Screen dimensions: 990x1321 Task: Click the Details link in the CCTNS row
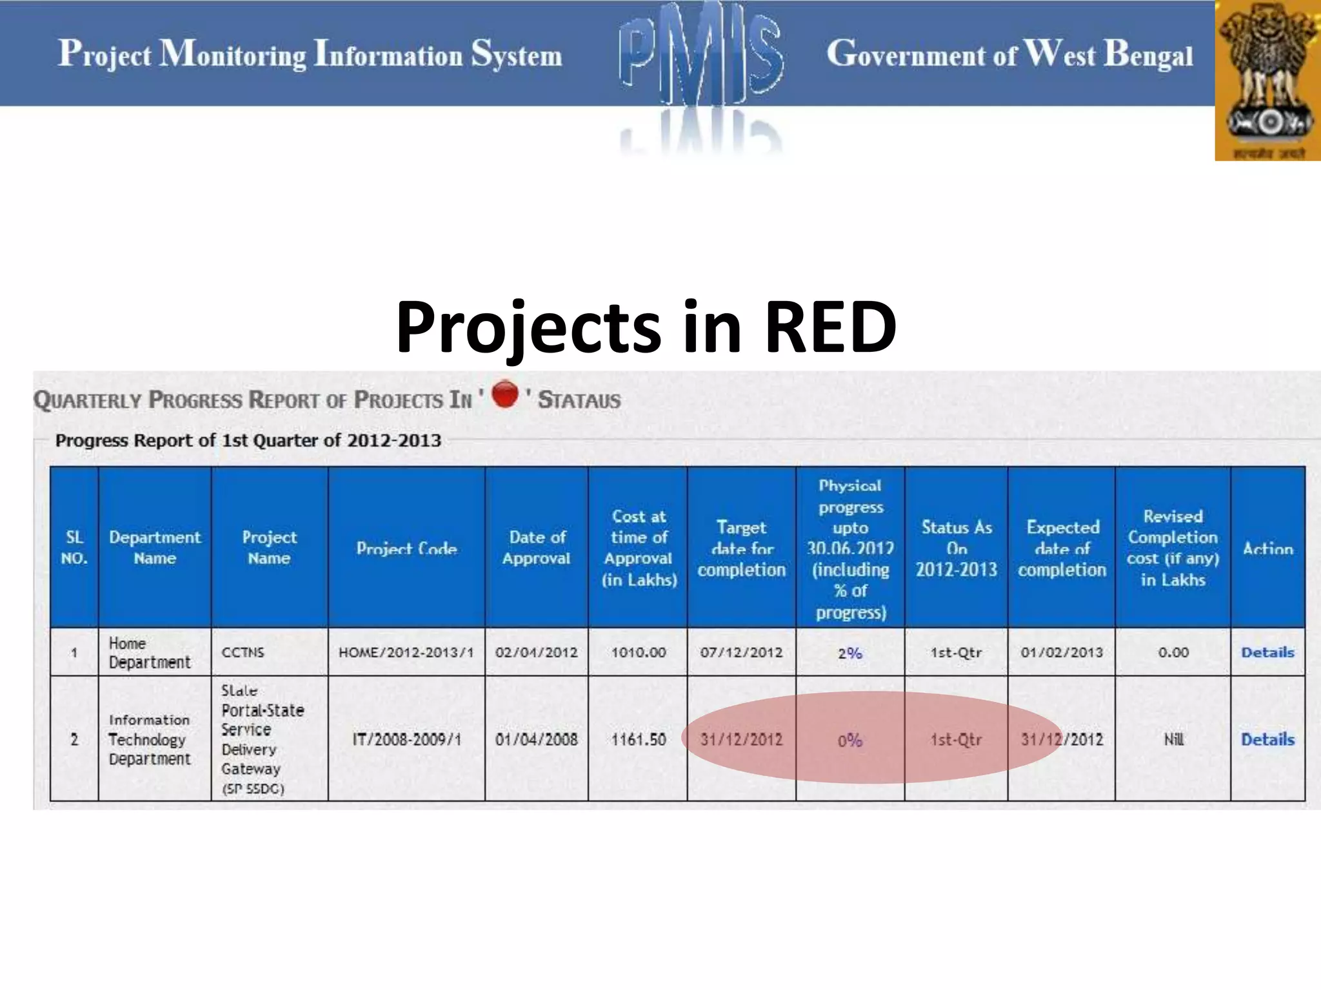pyautogui.click(x=1267, y=652)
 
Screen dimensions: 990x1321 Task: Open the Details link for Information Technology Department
pyautogui.click(x=1267, y=739)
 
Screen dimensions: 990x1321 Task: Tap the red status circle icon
pyautogui.click(x=505, y=394)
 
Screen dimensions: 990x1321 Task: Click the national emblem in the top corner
pyautogui.click(x=1268, y=81)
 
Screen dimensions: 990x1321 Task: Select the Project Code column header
pyautogui.click(x=406, y=548)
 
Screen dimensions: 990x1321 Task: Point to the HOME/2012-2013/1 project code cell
pyautogui.click(x=406, y=652)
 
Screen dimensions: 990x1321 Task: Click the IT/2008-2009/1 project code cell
pyautogui.click(x=406, y=739)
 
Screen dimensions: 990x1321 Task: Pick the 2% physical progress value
pyautogui.click(x=850, y=653)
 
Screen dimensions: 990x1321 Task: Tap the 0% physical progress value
pyautogui.click(x=850, y=740)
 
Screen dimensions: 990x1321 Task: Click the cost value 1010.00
pyautogui.click(x=638, y=652)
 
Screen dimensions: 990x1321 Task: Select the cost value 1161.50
pyautogui.click(x=638, y=739)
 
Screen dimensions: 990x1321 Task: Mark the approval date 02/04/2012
pyautogui.click(x=536, y=652)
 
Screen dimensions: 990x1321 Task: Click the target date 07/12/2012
pyautogui.click(x=741, y=652)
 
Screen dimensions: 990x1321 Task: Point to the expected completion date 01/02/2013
pyautogui.click(x=1062, y=652)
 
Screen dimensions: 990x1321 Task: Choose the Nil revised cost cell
pyautogui.click(x=1173, y=739)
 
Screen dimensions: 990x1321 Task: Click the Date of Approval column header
pyautogui.click(x=536, y=547)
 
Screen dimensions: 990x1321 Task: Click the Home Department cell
pyautogui.click(x=149, y=652)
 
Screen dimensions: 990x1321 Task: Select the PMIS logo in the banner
pyautogui.click(x=701, y=58)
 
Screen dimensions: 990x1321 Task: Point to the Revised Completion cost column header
pyautogui.click(x=1173, y=547)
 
